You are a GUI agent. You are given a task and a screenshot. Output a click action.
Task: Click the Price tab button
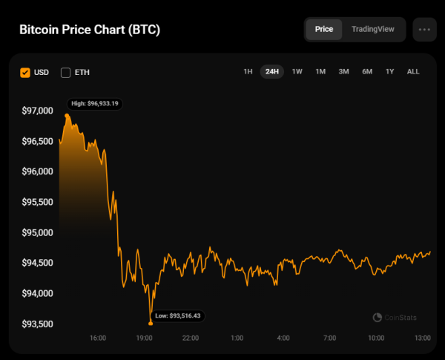point(324,30)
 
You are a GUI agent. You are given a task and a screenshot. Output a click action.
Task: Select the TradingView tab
point(373,30)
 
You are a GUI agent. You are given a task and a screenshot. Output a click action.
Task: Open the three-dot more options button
point(424,30)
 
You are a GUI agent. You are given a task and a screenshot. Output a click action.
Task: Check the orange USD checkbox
point(25,72)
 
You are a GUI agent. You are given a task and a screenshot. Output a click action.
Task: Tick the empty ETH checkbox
point(65,72)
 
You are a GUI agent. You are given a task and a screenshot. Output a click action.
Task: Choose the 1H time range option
point(248,72)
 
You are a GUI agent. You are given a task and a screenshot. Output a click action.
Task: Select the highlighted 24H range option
point(272,72)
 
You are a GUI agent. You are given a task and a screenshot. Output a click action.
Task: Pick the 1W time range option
point(297,72)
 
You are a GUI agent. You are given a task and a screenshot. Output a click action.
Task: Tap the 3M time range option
point(343,72)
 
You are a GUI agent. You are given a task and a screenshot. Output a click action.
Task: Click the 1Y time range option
point(389,72)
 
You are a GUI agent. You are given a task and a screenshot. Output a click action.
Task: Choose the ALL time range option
point(413,72)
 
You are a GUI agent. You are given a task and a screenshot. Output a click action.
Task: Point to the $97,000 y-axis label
point(37,111)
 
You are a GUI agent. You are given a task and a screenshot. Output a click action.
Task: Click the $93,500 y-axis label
point(37,324)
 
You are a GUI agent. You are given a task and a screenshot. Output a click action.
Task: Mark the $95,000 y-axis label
point(37,232)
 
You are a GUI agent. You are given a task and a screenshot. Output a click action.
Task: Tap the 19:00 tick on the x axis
point(144,338)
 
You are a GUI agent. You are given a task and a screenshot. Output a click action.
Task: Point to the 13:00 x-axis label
point(422,338)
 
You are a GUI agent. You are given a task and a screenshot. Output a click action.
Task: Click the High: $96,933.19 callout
point(94,104)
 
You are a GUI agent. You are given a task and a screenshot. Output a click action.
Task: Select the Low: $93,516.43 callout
point(178,316)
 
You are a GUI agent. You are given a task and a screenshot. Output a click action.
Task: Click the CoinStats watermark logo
point(395,318)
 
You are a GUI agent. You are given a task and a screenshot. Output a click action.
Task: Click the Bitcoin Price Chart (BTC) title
point(89,30)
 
